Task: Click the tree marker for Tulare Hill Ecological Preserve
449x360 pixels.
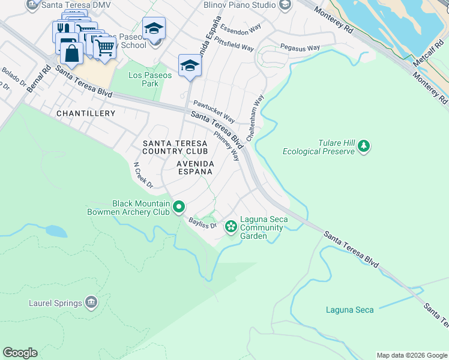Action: click(x=363, y=146)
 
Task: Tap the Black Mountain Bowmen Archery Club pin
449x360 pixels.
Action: click(x=179, y=208)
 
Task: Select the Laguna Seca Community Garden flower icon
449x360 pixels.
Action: click(x=231, y=227)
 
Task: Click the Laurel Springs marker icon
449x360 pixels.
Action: click(x=91, y=301)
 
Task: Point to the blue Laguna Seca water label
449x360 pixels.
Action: click(x=349, y=310)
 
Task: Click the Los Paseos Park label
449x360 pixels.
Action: click(x=150, y=79)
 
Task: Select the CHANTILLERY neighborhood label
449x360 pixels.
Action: click(x=85, y=113)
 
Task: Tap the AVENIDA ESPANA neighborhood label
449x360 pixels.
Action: click(x=194, y=167)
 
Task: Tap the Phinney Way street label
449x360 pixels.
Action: click(x=231, y=146)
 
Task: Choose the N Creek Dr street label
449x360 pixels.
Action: click(x=143, y=175)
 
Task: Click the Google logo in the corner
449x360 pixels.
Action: click(x=20, y=353)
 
